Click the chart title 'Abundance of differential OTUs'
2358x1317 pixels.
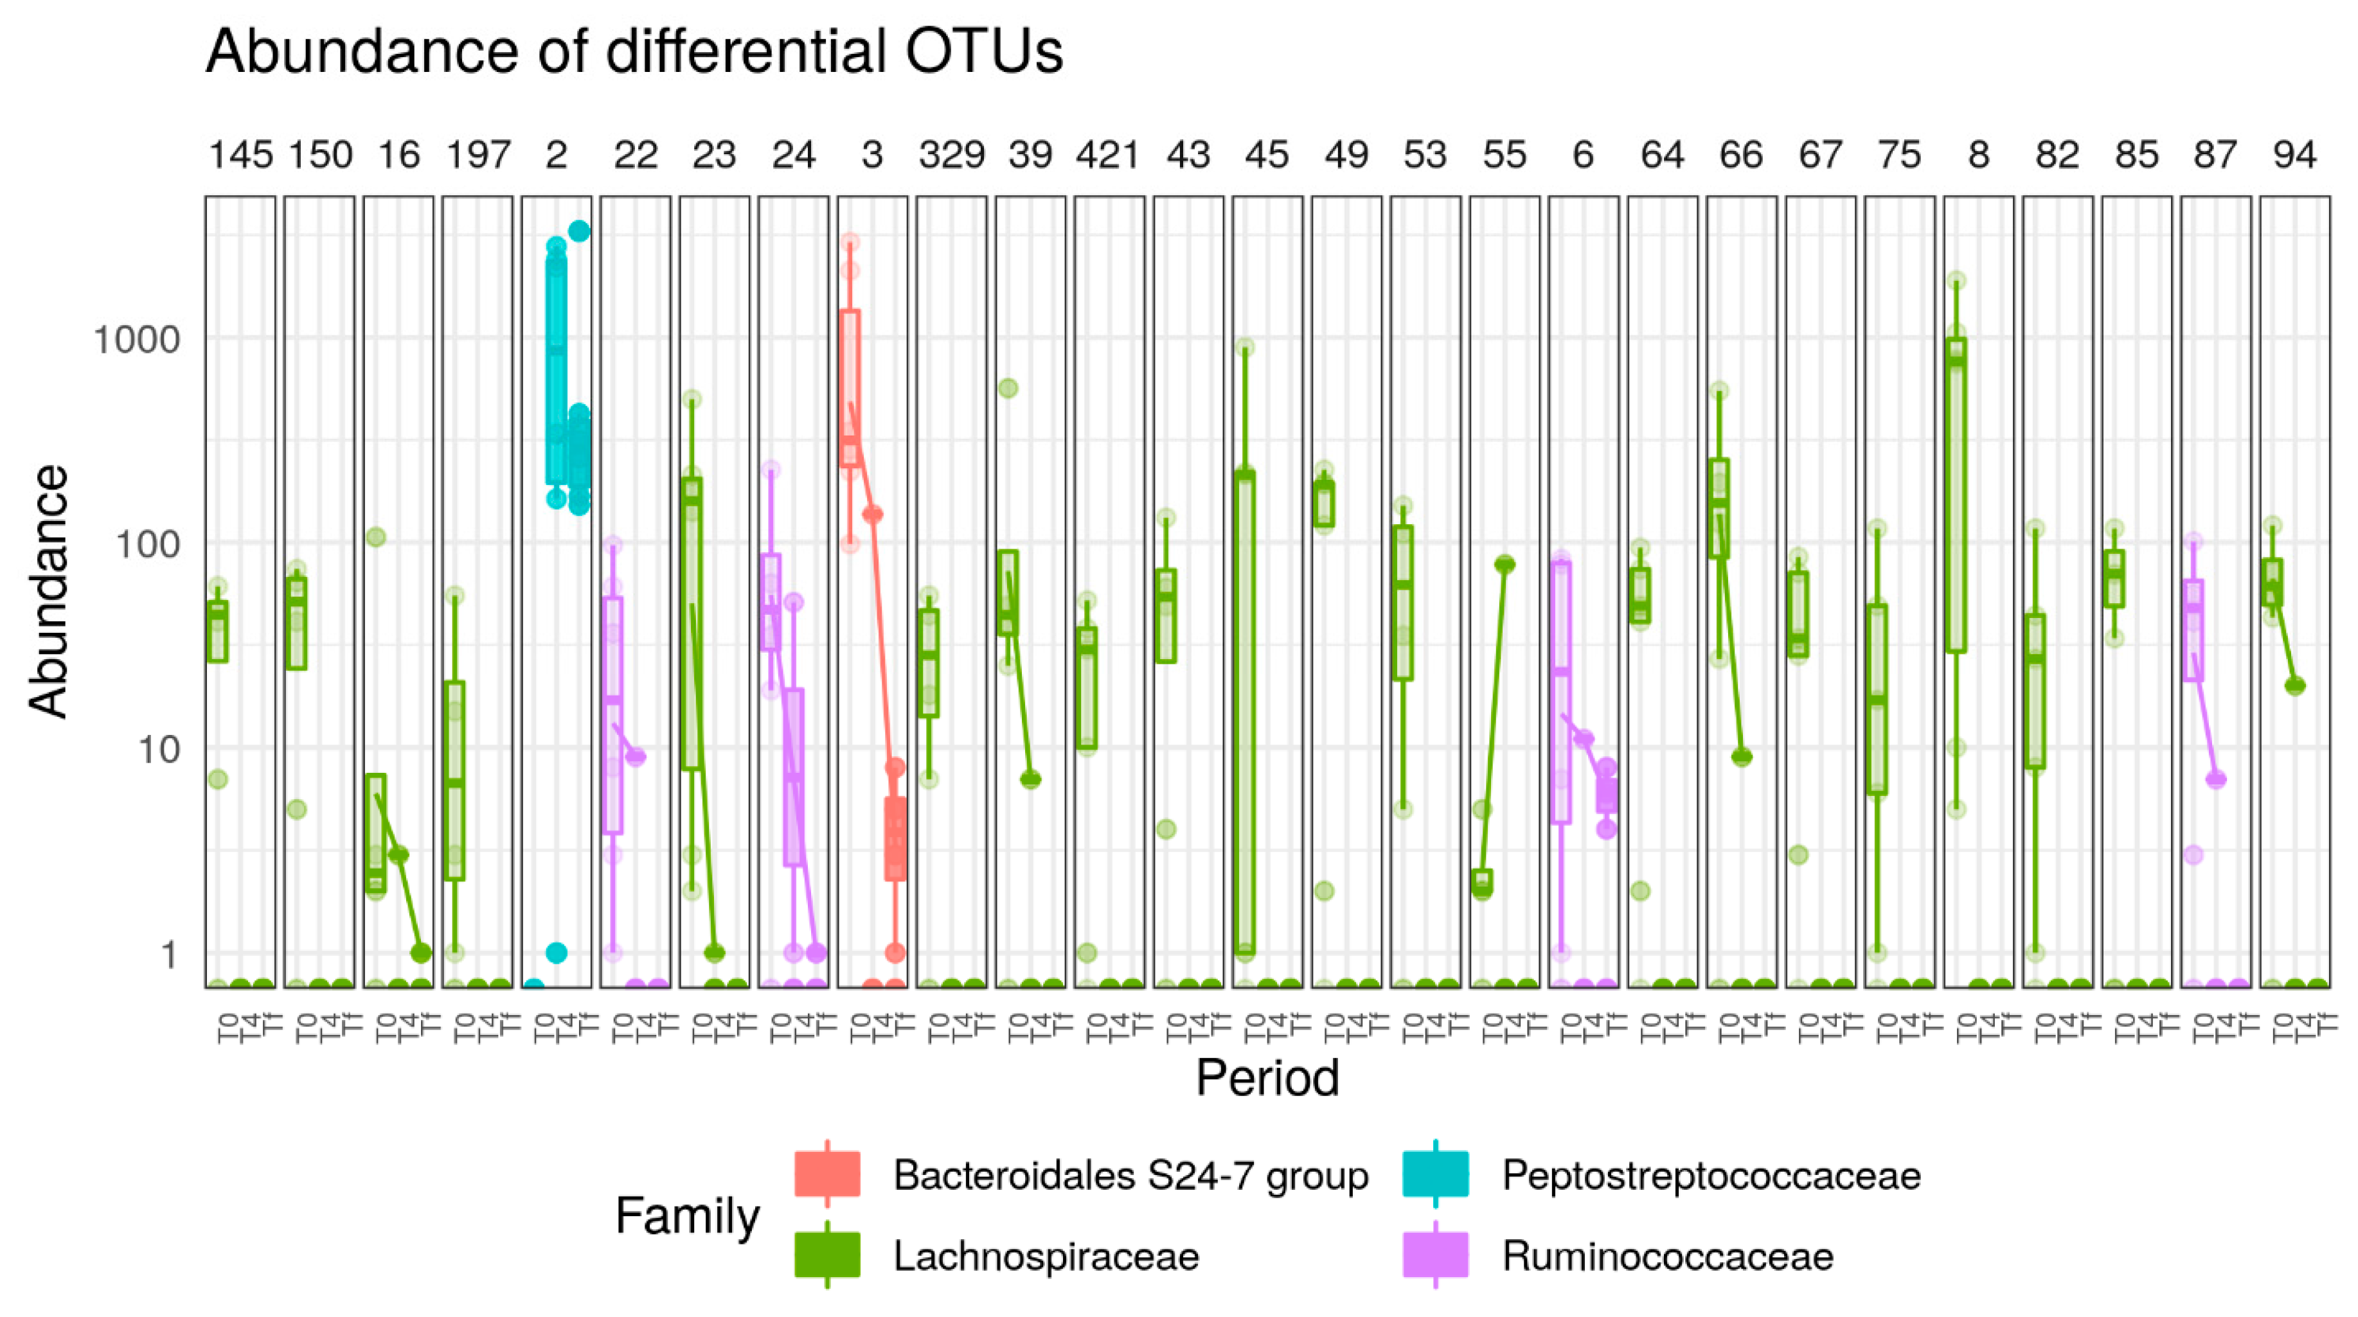coord(634,51)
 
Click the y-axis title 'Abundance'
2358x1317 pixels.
coord(48,591)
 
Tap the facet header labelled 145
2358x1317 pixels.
coord(240,155)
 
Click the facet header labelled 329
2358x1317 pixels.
coord(951,155)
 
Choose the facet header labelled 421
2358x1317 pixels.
coord(1109,155)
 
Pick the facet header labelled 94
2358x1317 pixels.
coord(2294,155)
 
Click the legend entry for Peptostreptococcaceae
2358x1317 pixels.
coord(1710,1175)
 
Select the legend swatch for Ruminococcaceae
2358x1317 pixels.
coord(1434,1255)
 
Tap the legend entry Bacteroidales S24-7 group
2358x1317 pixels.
coord(1130,1175)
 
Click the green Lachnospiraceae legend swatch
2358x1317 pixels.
coord(826,1255)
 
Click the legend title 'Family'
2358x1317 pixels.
coord(686,1215)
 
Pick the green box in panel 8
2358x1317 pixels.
coord(1956,494)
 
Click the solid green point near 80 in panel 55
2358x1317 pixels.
coord(1504,564)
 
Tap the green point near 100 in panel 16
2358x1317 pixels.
coord(375,537)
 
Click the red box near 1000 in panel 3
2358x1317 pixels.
coord(850,389)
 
